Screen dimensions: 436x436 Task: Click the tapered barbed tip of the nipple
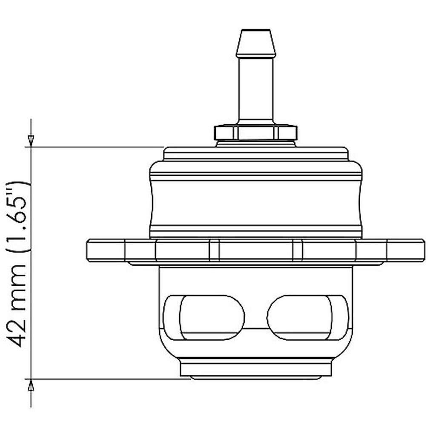(255, 43)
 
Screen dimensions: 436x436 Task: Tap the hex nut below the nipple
(255, 133)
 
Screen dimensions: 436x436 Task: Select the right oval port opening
(307, 317)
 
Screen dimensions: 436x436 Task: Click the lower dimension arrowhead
(31, 386)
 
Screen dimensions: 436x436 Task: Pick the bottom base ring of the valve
(255, 369)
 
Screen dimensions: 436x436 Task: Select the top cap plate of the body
(255, 154)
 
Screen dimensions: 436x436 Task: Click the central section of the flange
(255, 250)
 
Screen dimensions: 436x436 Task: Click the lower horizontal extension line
(106, 379)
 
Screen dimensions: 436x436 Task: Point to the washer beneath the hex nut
(255, 144)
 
